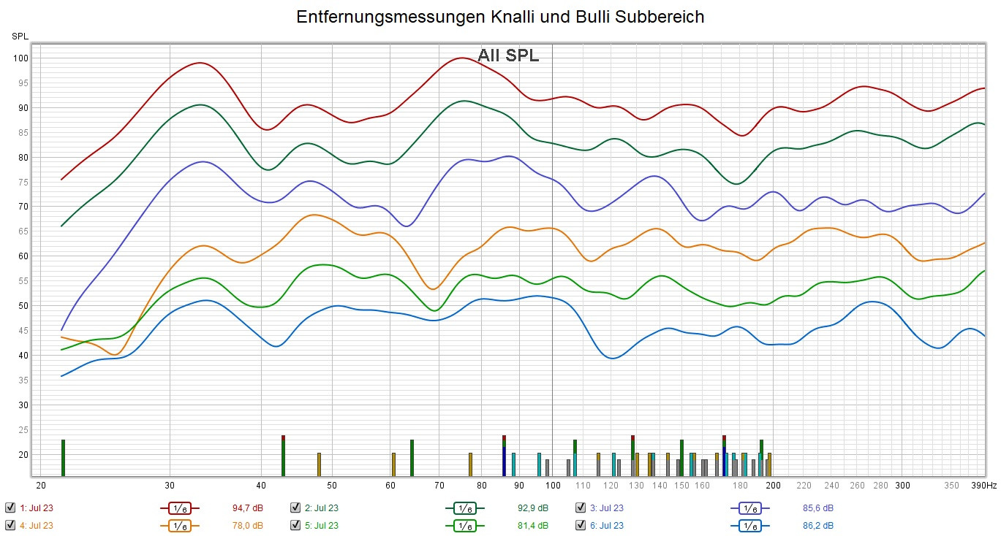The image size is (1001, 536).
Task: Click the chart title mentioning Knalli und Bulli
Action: coord(500,18)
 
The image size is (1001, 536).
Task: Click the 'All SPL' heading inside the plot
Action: coord(508,55)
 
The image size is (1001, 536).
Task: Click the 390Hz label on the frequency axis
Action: coord(984,485)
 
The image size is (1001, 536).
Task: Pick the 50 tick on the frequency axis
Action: coord(332,485)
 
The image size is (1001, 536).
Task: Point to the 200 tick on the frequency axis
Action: coord(773,485)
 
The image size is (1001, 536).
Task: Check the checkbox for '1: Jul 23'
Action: coord(10,508)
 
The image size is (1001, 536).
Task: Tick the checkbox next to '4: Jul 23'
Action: coord(10,525)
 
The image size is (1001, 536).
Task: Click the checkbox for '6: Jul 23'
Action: coord(581,525)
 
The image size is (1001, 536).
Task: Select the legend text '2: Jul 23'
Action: coord(321,508)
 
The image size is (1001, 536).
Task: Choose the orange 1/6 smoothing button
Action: coord(179,525)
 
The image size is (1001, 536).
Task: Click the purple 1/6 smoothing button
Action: coord(749,508)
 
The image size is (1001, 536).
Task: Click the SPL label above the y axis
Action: coord(19,35)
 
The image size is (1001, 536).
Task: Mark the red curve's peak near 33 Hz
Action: coord(200,63)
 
